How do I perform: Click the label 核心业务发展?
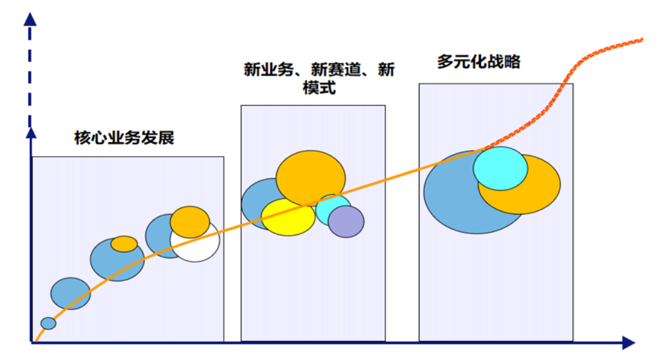click(124, 138)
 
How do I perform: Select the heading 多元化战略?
click(478, 62)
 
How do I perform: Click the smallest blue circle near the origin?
click(48, 323)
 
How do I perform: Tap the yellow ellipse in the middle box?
click(287, 217)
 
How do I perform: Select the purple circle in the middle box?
click(346, 222)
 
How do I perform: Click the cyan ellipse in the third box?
click(500, 168)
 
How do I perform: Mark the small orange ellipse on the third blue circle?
click(124, 244)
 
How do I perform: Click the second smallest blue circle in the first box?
click(70, 293)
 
